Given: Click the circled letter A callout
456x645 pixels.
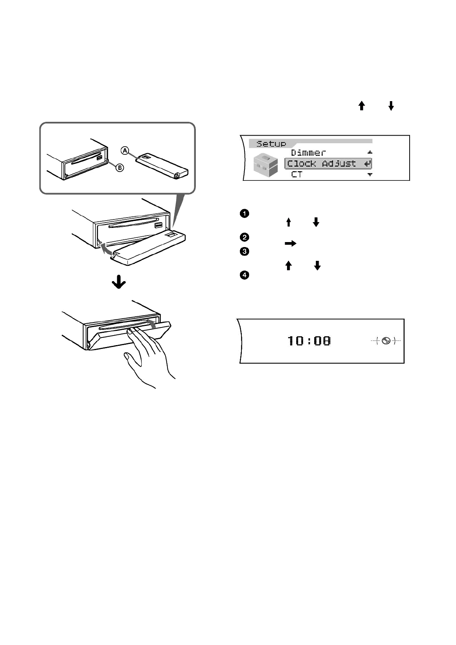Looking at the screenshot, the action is (x=125, y=151).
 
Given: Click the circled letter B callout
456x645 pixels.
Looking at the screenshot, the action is (x=120, y=167).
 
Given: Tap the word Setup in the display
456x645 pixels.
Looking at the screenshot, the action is (x=271, y=144).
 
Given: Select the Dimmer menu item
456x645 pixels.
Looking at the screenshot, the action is (x=308, y=153).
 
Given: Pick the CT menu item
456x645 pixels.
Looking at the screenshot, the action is (x=297, y=175).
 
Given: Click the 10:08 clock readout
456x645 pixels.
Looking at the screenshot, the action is (x=309, y=341).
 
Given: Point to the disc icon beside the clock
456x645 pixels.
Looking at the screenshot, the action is (x=386, y=341).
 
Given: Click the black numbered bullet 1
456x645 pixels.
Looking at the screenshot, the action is (x=244, y=213).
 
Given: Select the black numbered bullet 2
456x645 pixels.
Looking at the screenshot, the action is (x=244, y=237).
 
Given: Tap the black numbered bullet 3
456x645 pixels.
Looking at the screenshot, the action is (x=244, y=252).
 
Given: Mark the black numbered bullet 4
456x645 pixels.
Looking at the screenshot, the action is (x=244, y=275).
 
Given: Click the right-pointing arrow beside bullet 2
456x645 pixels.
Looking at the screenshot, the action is (x=290, y=243).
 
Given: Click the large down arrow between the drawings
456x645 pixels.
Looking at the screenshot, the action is (x=119, y=283).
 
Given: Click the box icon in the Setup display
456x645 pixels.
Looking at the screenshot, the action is (x=266, y=165).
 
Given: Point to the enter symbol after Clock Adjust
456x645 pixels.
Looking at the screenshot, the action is (x=367, y=164).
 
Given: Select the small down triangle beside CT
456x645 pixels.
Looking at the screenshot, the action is (x=370, y=175).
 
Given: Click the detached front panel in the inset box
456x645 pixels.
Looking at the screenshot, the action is (x=162, y=165).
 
